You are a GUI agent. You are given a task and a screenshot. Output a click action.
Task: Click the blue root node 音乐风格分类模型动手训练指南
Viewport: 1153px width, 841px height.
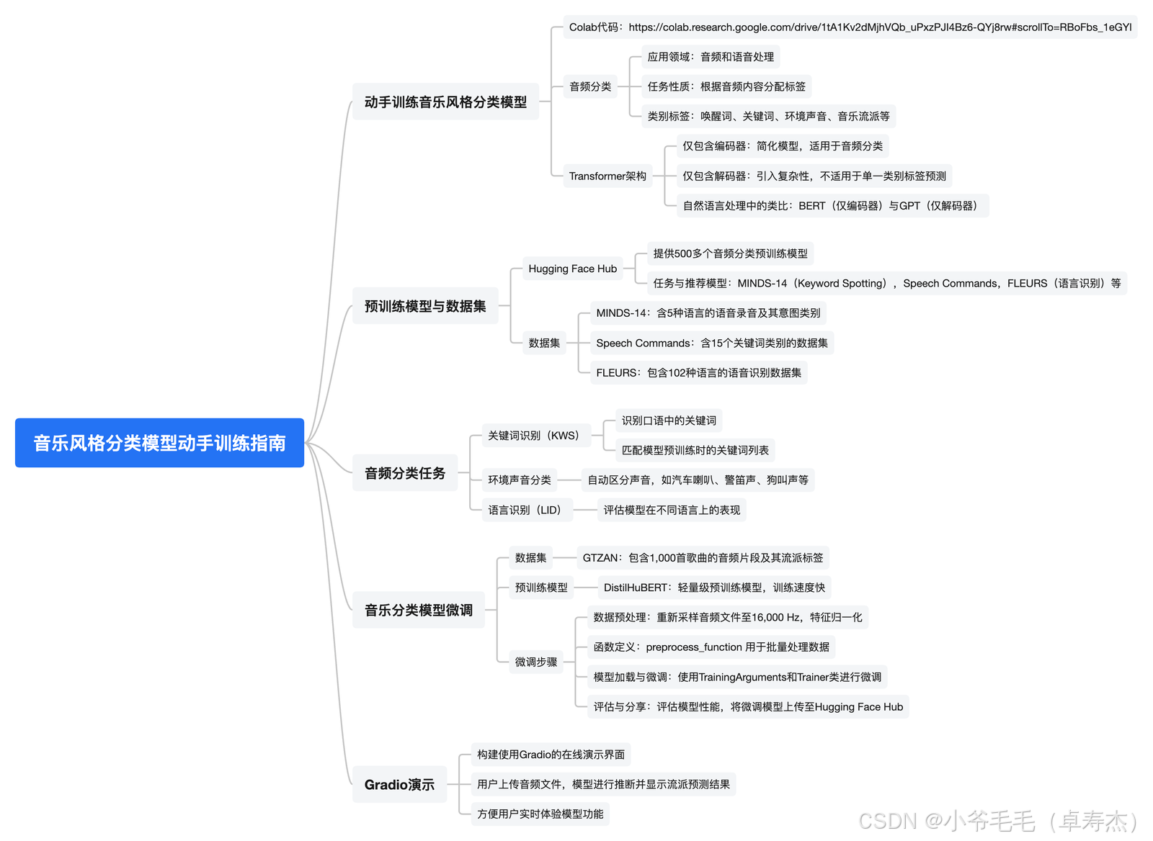tap(159, 443)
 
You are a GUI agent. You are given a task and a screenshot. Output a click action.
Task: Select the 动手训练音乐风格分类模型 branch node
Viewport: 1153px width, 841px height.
tap(445, 102)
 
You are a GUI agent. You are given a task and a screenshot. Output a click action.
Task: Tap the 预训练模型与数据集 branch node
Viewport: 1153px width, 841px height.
tap(425, 306)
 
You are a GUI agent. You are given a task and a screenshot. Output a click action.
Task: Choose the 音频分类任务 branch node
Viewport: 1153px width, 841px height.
tap(405, 473)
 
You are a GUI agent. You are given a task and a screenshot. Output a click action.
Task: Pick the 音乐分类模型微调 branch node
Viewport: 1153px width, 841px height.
tap(419, 610)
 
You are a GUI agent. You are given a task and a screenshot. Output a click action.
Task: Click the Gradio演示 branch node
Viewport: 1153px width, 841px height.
tap(399, 784)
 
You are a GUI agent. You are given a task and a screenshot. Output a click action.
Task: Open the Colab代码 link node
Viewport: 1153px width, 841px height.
tap(850, 27)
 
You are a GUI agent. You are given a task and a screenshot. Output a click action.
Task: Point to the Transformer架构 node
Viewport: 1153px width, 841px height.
tap(607, 176)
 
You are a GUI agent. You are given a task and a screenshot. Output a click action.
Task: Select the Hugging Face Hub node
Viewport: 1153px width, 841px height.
tap(572, 269)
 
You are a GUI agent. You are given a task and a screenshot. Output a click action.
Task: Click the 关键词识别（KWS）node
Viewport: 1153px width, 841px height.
tap(534, 436)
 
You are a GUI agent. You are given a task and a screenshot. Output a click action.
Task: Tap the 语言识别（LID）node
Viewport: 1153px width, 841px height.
tap(525, 510)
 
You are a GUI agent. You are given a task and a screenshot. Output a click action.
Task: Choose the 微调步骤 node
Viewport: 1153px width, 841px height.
tap(536, 662)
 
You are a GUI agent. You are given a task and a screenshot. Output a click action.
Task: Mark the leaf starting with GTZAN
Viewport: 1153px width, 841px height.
tap(703, 557)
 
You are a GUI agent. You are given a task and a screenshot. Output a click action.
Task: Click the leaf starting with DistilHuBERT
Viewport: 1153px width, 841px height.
tap(714, 588)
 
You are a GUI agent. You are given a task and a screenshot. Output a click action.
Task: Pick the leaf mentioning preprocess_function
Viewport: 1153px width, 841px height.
tap(711, 647)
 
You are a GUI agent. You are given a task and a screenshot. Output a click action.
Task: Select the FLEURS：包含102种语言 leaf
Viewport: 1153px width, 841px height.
tap(698, 372)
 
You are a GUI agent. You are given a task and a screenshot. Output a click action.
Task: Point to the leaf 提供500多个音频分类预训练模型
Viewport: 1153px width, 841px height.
tap(730, 253)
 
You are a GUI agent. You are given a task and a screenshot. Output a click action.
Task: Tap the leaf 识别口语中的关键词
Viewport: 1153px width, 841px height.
tap(669, 420)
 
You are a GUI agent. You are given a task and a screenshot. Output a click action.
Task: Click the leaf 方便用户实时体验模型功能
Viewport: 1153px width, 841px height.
tap(540, 814)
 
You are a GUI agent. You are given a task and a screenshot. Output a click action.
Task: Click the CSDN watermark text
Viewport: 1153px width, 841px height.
tap(998, 821)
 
